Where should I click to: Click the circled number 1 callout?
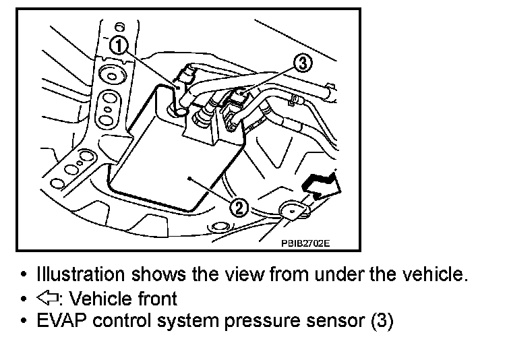(118, 46)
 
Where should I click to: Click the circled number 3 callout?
(303, 64)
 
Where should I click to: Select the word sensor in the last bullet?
(333, 320)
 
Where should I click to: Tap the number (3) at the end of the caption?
(382, 321)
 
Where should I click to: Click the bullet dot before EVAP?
(24, 322)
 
